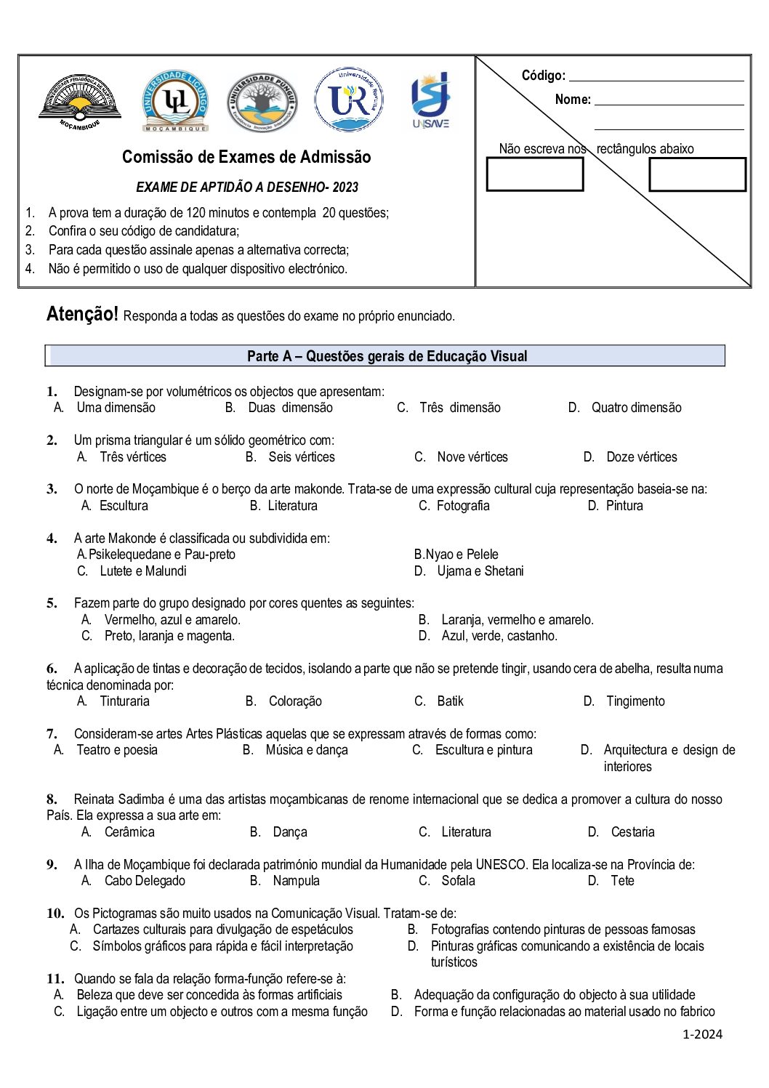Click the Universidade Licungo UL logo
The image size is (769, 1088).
(x=175, y=100)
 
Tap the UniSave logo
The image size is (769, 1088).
(x=431, y=100)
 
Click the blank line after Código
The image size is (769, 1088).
(x=656, y=76)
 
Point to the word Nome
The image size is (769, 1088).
(x=573, y=100)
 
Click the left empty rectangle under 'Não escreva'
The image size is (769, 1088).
(x=534, y=174)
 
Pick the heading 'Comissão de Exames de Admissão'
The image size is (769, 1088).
(x=246, y=157)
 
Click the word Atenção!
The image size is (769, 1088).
(x=82, y=314)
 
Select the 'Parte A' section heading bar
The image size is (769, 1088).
(x=385, y=355)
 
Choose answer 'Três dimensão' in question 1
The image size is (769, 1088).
(x=459, y=408)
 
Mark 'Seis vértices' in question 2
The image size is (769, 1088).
(x=301, y=457)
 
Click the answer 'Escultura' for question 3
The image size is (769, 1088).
(x=124, y=506)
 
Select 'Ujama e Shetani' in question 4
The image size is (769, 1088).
(x=480, y=571)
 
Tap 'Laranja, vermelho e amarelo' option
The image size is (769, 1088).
(x=517, y=620)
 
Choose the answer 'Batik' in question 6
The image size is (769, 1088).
(x=450, y=701)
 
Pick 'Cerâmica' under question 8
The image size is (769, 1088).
(x=129, y=832)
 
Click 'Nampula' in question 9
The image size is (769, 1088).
(x=296, y=881)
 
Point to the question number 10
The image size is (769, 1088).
(x=55, y=914)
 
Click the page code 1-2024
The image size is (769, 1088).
(x=702, y=1034)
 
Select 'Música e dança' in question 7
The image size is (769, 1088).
(x=306, y=750)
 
